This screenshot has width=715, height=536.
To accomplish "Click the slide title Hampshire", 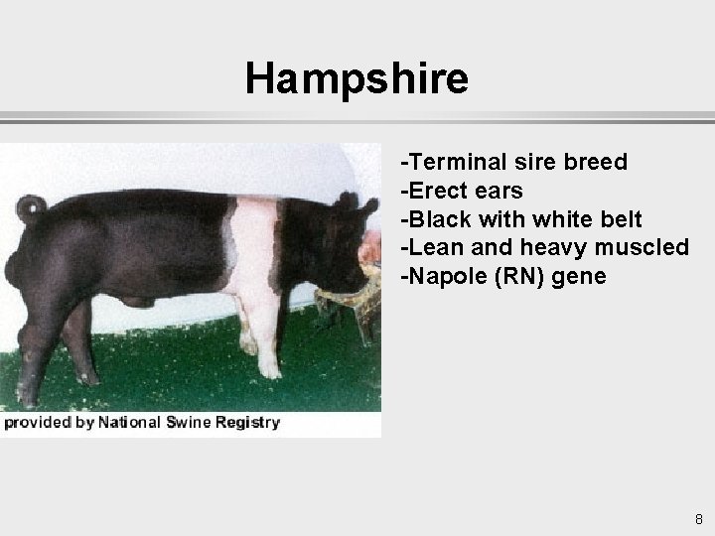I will (357, 78).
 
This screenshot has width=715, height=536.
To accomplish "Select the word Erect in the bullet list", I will (437, 191).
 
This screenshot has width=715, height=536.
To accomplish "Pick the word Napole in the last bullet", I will (441, 276).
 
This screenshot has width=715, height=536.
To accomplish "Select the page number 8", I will (699, 519).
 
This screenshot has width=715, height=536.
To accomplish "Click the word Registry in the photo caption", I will (247, 423).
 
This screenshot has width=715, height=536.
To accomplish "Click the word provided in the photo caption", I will (36, 423).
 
